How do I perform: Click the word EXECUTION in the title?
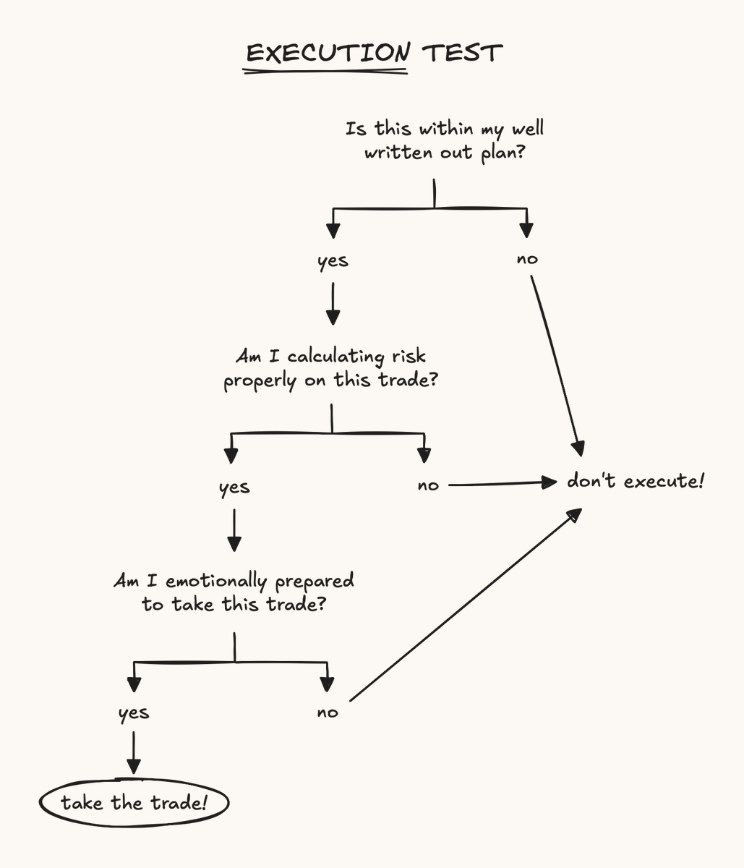tap(328, 53)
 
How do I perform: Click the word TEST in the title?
tap(462, 54)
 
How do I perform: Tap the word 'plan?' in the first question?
tap(503, 153)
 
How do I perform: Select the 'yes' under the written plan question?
tap(333, 261)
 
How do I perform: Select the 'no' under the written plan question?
tap(527, 259)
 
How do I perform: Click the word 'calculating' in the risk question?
tap(335, 357)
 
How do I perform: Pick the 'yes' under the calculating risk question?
tap(234, 488)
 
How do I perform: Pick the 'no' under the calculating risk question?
tap(428, 486)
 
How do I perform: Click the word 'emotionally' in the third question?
tap(216, 582)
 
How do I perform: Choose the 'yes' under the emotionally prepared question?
tap(134, 713)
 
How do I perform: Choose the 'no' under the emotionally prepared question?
tap(328, 712)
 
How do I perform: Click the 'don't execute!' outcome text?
tap(636, 481)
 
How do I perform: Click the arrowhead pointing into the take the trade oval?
tap(134, 767)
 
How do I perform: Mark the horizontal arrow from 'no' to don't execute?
tap(503, 483)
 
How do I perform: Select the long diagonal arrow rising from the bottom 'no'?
tap(466, 605)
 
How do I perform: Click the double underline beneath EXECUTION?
tap(325, 72)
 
